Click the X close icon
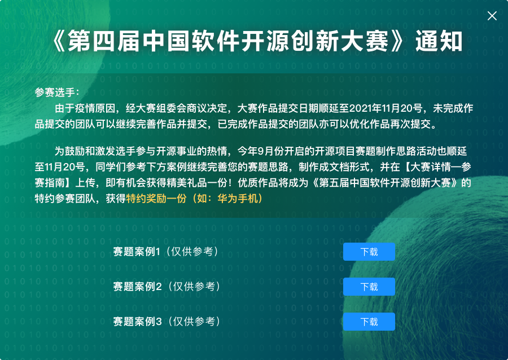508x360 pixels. click(492, 16)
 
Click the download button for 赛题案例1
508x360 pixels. click(369, 252)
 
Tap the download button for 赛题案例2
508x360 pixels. click(369, 287)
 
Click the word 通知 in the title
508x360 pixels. click(439, 41)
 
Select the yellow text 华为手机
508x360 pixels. click(238, 198)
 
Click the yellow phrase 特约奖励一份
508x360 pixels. click(156, 198)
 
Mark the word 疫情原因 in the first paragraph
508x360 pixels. click(95, 108)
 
